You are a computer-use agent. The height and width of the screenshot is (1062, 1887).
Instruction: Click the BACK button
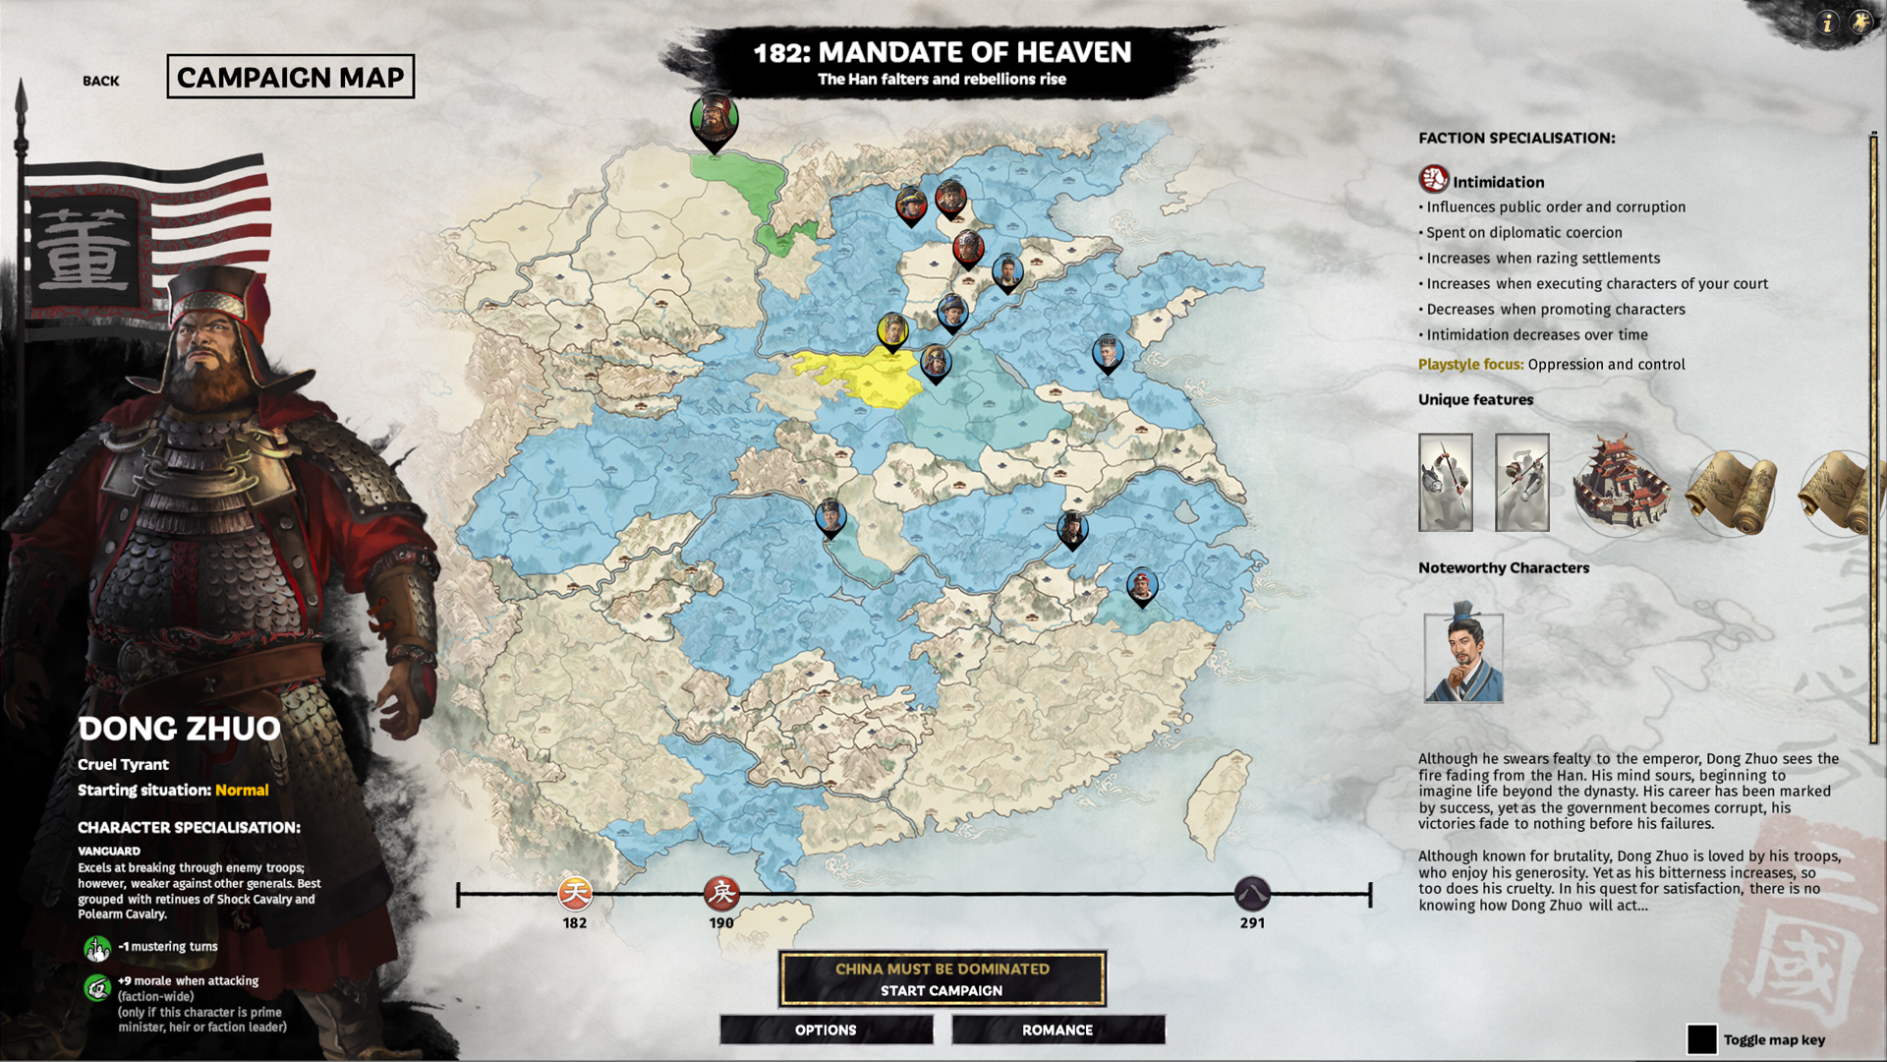[100, 81]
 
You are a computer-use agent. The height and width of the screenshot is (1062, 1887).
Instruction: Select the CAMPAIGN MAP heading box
[290, 77]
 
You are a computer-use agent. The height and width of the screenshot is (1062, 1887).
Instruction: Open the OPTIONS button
[826, 1030]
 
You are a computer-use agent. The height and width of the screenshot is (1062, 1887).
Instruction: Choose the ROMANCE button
[1058, 1030]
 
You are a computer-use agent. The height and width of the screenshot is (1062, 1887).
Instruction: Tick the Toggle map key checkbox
[1701, 1039]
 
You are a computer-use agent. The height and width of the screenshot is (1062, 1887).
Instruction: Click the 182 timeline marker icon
[575, 894]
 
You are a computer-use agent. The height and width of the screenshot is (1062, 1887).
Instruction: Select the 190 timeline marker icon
[721, 894]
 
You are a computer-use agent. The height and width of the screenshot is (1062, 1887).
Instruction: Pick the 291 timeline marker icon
[1252, 894]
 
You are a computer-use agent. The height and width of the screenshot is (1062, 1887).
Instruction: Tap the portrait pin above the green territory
[715, 121]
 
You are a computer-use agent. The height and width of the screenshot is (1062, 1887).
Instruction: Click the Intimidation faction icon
[1434, 180]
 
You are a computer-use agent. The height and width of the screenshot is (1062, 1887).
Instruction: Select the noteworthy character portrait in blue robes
[1463, 656]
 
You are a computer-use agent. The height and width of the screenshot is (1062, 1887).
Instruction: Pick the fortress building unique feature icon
[1620, 484]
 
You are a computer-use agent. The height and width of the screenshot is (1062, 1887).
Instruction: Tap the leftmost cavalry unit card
[1446, 483]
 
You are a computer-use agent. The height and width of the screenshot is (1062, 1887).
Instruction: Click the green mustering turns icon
[97, 948]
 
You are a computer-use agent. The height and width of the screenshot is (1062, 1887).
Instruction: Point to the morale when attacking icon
[97, 987]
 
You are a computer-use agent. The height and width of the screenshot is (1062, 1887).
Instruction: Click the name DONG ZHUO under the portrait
[179, 729]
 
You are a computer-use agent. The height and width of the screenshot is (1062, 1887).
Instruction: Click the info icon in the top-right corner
[1827, 23]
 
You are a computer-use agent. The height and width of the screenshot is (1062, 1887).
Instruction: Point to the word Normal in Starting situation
[242, 791]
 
